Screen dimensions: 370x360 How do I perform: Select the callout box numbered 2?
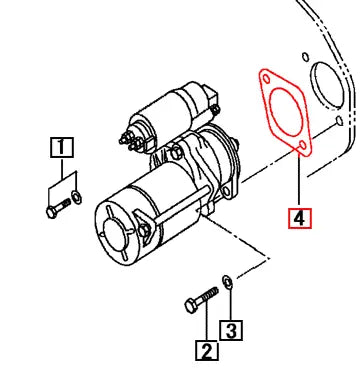tap(207, 350)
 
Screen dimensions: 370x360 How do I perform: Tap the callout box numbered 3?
tap(231, 329)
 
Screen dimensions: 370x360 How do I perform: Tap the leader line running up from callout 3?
tap(230, 306)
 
